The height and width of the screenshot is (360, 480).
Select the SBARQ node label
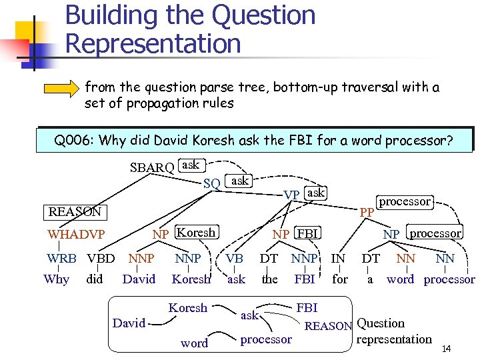152,167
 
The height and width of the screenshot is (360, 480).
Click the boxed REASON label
75,212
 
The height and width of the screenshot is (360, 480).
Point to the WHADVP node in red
76,235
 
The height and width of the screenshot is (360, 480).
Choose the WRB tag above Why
61,258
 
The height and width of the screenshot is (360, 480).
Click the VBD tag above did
101,258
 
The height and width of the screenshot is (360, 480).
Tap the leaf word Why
56,279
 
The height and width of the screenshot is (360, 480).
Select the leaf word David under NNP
139,279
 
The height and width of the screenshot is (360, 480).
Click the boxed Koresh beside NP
196,233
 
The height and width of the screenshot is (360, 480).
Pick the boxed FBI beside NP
307,233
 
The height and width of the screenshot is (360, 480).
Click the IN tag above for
339,258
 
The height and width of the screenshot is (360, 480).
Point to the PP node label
366,213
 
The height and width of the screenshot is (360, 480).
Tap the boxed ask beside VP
315,193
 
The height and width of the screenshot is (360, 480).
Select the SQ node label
212,183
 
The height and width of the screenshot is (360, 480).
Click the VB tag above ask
234,258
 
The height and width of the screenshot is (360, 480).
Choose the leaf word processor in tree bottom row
449,279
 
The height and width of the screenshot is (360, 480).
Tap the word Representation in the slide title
153,44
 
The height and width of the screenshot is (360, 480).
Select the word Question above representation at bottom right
381,323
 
